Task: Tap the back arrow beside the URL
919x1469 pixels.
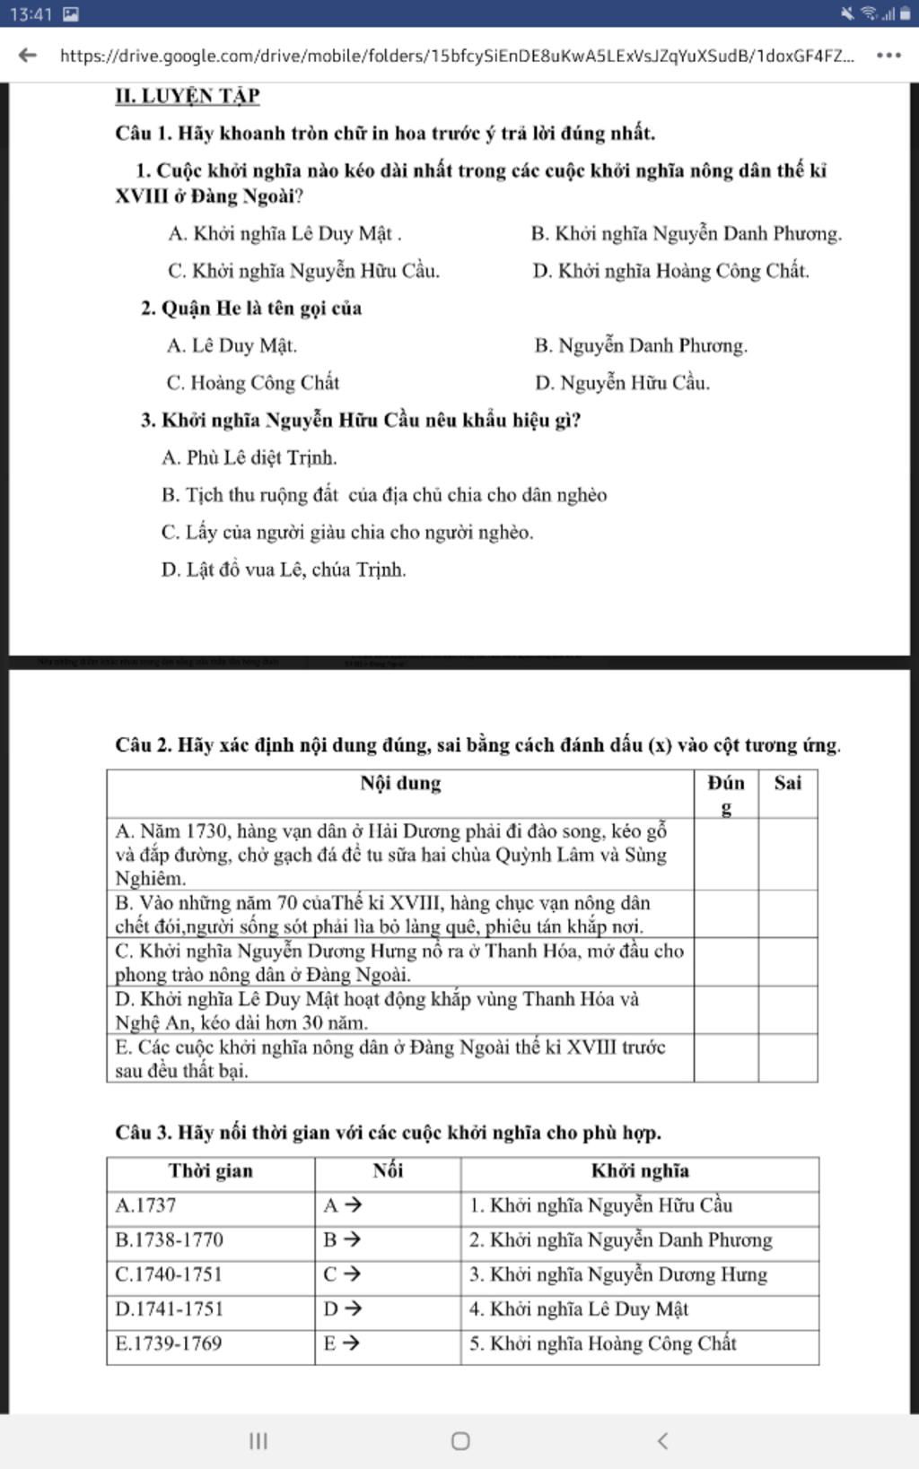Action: (28, 55)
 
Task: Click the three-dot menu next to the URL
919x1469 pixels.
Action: (888, 55)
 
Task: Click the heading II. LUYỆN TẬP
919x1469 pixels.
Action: (188, 96)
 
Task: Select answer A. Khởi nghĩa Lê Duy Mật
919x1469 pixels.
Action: (284, 234)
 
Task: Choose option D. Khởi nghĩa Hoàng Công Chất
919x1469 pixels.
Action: (670, 271)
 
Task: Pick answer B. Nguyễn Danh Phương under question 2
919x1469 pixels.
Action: (641, 345)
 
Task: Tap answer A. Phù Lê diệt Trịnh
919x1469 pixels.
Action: (249, 458)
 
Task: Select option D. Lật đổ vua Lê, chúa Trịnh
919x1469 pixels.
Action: (284, 569)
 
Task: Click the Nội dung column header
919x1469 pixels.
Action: (400, 784)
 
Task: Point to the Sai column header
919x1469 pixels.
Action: (787, 783)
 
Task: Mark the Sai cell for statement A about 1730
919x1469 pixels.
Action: (787, 854)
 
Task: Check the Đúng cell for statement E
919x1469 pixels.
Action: (726, 1058)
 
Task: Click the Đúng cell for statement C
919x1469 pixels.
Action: (726, 962)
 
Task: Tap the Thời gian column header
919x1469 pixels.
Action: (211, 1171)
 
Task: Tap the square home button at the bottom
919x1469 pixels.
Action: (460, 1441)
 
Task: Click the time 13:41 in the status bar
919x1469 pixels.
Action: (31, 14)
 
